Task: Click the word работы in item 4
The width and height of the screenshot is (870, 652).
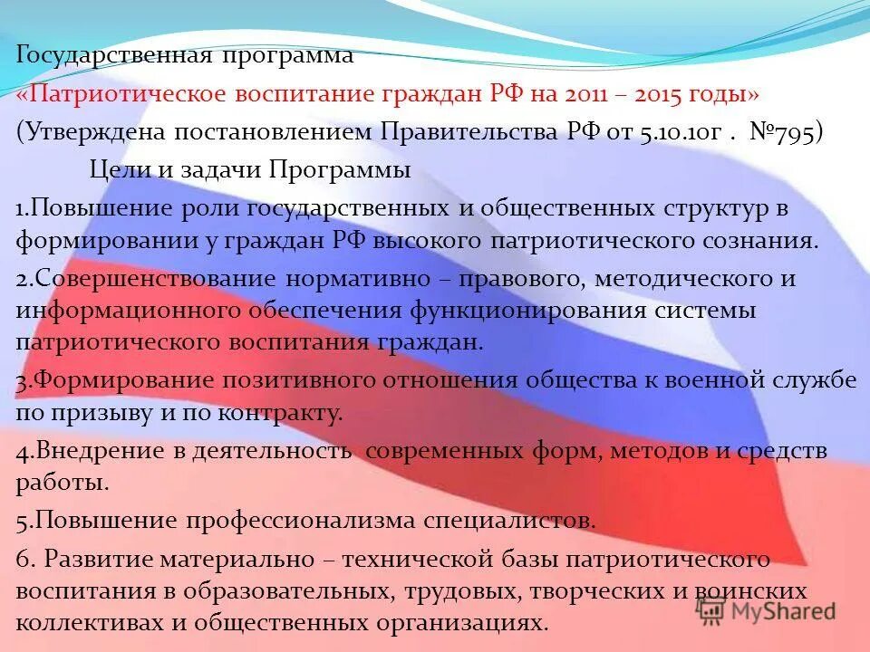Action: click(62, 483)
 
